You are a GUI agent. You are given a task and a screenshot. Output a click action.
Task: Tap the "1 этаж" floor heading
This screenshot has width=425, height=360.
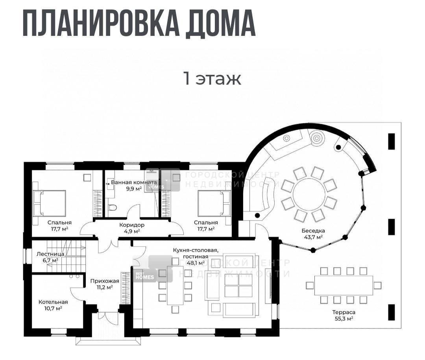click(x=213, y=79)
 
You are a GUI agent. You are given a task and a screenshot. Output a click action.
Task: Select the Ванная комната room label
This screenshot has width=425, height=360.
click(x=134, y=182)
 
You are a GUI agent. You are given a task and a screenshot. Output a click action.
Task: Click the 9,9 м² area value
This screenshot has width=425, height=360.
click(x=134, y=189)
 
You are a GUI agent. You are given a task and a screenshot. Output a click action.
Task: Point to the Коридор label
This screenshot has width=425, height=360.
click(x=132, y=225)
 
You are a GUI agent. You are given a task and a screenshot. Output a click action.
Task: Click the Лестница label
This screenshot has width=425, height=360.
click(x=50, y=254)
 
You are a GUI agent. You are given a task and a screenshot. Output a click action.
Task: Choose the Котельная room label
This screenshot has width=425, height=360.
click(x=53, y=302)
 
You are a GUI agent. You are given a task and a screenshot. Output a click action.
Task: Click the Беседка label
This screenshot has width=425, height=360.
click(x=313, y=231)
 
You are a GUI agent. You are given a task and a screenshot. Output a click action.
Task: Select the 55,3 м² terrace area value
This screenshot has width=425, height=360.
click(x=344, y=319)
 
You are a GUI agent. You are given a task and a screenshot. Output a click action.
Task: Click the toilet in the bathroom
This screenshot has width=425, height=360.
click(x=112, y=208)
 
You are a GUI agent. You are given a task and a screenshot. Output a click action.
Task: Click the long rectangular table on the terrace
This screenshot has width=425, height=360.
click(x=344, y=286)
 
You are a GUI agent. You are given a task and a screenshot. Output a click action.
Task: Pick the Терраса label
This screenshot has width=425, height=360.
click(x=344, y=312)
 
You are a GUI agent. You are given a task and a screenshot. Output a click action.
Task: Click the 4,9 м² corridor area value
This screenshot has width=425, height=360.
click(x=132, y=231)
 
